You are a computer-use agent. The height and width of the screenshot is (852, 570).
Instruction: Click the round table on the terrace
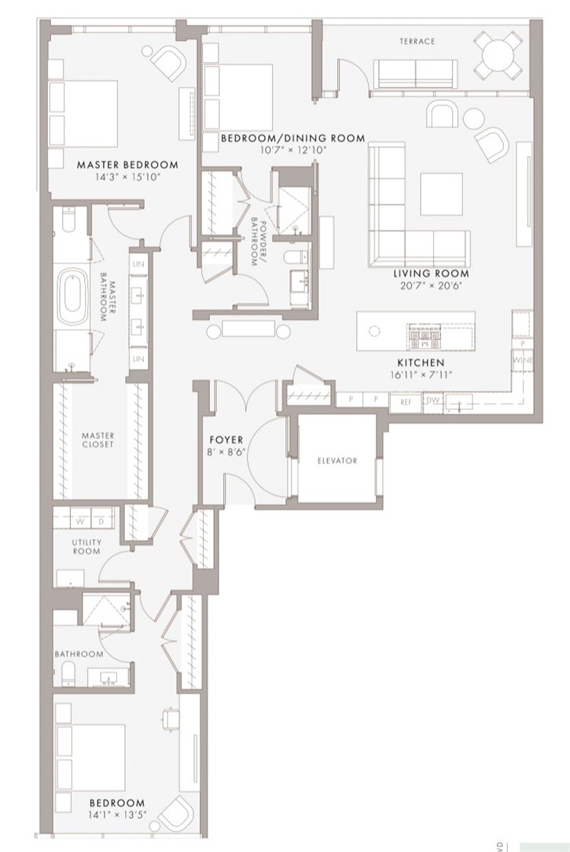pos(499,54)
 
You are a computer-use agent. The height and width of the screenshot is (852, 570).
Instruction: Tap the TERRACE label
pos(416,42)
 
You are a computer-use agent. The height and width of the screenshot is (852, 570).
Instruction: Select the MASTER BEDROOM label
pos(127,165)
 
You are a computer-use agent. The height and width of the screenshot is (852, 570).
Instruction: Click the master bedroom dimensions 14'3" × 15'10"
pos(127,178)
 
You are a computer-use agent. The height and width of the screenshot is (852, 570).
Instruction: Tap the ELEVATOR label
pos(337,461)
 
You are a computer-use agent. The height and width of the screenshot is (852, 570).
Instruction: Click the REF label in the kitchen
pos(406,401)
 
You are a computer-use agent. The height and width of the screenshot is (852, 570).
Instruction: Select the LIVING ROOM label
pos(431,274)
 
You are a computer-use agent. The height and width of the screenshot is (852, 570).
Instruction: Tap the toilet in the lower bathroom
pos(68,670)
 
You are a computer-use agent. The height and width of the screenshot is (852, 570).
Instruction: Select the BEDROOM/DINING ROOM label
pos(292,138)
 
